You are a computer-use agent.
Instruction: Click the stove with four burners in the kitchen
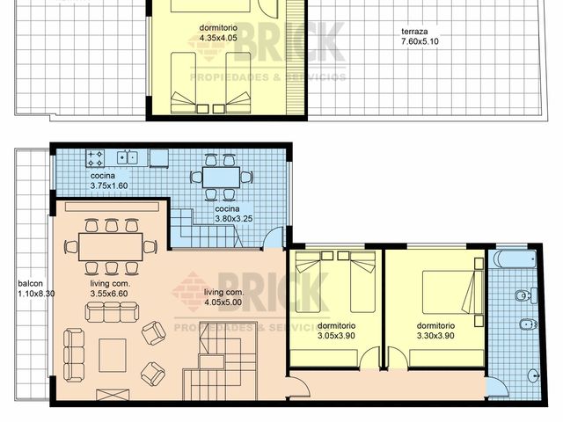coord(95,159)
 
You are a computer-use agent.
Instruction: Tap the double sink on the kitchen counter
coord(128,158)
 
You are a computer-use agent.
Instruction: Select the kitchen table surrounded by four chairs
coord(220,177)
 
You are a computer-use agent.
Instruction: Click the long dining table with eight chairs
coord(110,246)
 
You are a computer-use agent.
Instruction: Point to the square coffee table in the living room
coord(113,355)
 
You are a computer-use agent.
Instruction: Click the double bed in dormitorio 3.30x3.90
coord(451,292)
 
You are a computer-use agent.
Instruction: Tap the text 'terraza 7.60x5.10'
coord(420,35)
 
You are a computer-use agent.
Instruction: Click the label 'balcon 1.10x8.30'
coord(35,288)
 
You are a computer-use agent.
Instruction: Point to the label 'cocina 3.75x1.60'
coord(108,180)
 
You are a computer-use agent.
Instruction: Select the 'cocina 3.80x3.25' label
coord(234,214)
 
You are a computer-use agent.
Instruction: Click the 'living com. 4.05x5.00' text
coord(223,297)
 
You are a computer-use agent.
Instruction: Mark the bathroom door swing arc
coord(498,386)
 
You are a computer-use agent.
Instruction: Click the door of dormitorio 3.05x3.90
coord(369,359)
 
